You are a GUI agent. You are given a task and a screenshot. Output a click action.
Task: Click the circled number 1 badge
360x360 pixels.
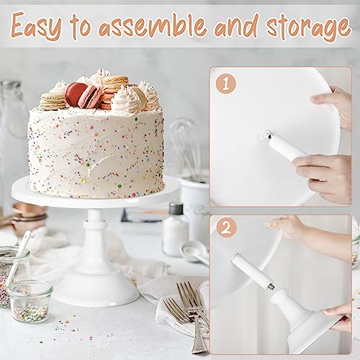pos(228,84)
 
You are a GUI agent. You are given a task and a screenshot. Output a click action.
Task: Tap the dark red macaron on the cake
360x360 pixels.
pos(76,94)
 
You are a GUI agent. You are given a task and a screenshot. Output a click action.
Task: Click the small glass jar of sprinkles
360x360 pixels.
pos(31,301)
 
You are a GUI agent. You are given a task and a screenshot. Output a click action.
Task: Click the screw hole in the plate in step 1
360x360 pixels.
pos(267,135)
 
